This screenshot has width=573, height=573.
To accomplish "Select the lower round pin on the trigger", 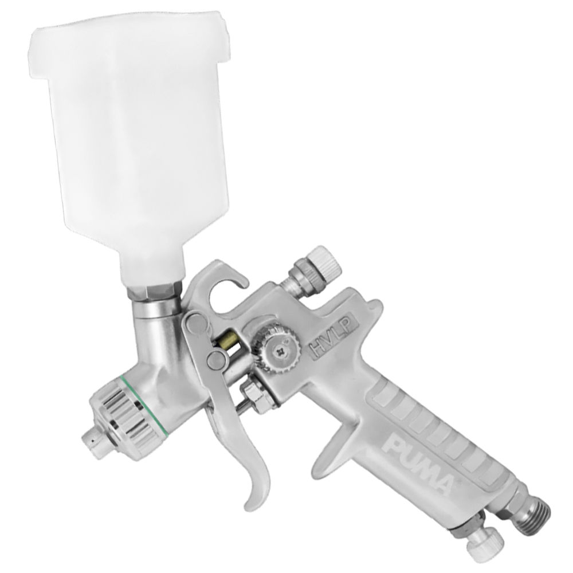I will (216, 360).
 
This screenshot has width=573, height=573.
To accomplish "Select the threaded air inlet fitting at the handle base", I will (533, 510).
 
